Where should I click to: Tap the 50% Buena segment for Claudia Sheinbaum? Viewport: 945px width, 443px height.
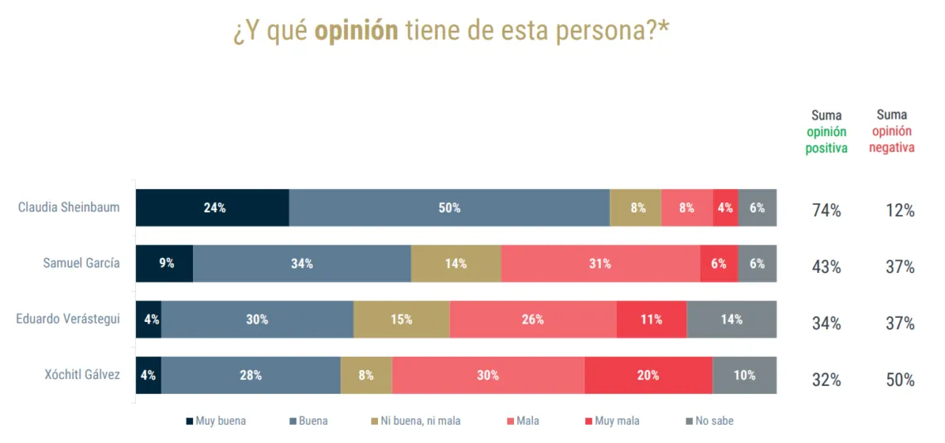(x=449, y=207)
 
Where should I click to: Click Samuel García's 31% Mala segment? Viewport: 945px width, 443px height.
(x=600, y=264)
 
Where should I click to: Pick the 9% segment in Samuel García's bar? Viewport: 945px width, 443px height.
(x=165, y=264)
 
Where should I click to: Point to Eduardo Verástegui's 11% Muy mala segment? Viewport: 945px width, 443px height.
(x=651, y=319)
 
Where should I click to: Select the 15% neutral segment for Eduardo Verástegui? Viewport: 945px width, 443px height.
(x=401, y=319)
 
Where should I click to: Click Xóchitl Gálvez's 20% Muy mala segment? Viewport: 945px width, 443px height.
(x=648, y=375)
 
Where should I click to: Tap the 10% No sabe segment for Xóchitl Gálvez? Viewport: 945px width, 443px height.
(x=744, y=375)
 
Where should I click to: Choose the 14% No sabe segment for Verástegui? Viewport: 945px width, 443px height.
(x=731, y=319)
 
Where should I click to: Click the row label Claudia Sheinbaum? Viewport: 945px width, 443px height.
(x=69, y=207)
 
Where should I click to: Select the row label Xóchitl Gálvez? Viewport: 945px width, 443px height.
(x=82, y=375)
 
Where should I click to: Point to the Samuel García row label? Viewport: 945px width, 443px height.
(x=81, y=264)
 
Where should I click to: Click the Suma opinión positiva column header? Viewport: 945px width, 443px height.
(x=826, y=132)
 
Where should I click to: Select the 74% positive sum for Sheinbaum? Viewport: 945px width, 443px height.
(x=826, y=211)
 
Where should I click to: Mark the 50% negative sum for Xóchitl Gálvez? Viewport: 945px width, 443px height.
(x=899, y=380)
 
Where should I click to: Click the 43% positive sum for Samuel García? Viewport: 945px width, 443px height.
(x=826, y=267)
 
